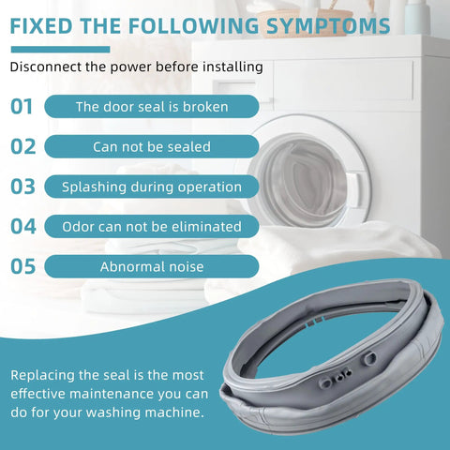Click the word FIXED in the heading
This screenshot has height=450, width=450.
(x=41, y=26)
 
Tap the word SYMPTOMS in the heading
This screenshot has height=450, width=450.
(x=328, y=26)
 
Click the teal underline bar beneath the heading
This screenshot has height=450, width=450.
(x=60, y=50)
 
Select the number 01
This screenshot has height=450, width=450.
(x=22, y=107)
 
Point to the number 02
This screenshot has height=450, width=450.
(x=23, y=146)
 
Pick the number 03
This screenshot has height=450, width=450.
(x=22, y=187)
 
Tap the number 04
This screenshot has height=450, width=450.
(x=23, y=227)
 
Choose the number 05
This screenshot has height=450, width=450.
(x=22, y=266)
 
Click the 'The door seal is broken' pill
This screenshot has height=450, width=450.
(x=152, y=107)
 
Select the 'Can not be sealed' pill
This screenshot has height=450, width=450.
(x=152, y=146)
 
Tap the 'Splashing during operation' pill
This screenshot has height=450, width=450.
(x=152, y=187)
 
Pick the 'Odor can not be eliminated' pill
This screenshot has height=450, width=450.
(x=152, y=227)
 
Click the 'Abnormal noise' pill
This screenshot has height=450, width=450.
(x=152, y=266)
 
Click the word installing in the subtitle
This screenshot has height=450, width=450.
(x=232, y=67)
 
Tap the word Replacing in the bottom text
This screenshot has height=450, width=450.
(x=43, y=376)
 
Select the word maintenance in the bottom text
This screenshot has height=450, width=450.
(x=112, y=394)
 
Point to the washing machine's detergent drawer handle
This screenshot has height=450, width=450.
(x=236, y=88)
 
